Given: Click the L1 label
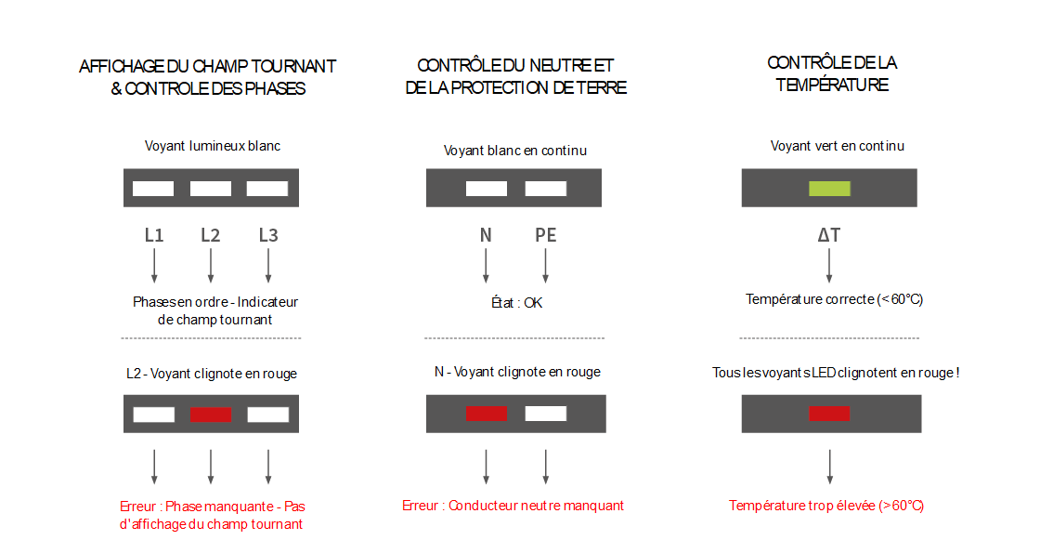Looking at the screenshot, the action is (154, 235).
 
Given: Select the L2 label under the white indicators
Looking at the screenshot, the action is (211, 235).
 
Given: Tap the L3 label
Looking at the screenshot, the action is (268, 235).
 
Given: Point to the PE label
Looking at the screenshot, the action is (545, 235).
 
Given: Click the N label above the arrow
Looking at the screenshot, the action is (486, 235).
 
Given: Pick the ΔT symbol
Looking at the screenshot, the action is (829, 235).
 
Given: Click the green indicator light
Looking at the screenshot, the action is (829, 188).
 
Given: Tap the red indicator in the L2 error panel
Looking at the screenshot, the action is (211, 415).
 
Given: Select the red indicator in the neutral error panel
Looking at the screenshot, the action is (487, 414).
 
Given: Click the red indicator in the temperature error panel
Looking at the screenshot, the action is (829, 414).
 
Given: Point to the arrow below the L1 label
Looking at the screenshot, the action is (154, 266).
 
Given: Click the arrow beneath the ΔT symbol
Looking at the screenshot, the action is (829, 266).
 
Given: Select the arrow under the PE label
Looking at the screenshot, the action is (545, 266).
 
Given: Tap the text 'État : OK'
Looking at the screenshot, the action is (516, 303).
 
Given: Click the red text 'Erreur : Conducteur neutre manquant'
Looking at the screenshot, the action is (513, 506).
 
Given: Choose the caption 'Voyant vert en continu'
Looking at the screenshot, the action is (838, 146).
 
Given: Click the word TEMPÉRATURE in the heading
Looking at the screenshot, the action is (832, 85).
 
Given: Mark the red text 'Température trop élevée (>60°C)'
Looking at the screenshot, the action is (826, 506).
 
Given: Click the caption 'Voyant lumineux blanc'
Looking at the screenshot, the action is (213, 146).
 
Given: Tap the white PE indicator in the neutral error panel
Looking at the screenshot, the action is (545, 414).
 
